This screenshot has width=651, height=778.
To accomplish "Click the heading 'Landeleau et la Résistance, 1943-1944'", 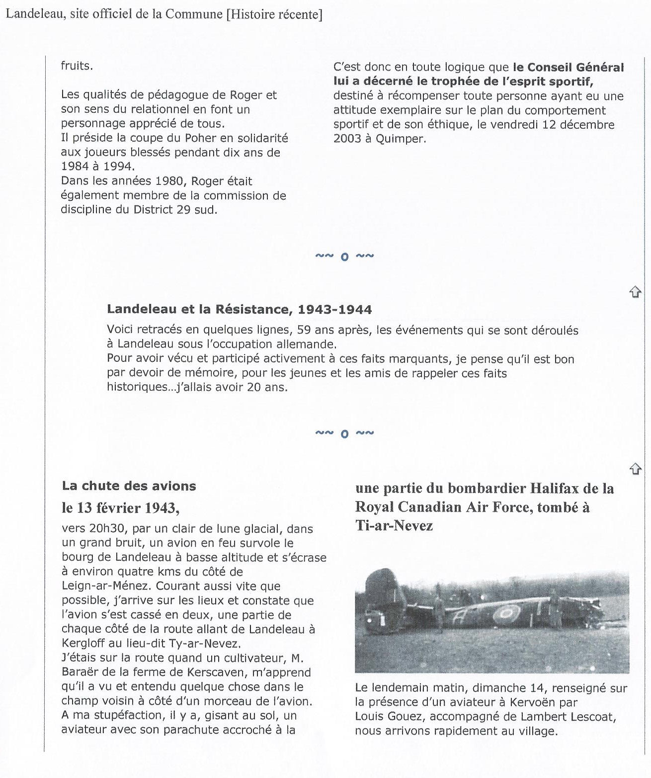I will coord(239,310).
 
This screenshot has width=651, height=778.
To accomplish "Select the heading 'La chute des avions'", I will coord(129,486).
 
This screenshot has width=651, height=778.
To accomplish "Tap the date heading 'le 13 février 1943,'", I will coord(120,508).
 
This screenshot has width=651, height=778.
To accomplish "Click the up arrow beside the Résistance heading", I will coord(635,292).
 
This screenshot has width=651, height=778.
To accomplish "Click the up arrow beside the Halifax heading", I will coord(635,469).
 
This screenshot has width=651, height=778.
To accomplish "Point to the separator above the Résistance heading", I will coord(344,257).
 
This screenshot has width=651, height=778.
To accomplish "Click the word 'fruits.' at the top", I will coord(77,66).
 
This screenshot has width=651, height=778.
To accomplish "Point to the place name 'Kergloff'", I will coord(82,643).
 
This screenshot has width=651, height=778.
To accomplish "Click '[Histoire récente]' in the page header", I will coord(274,14).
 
